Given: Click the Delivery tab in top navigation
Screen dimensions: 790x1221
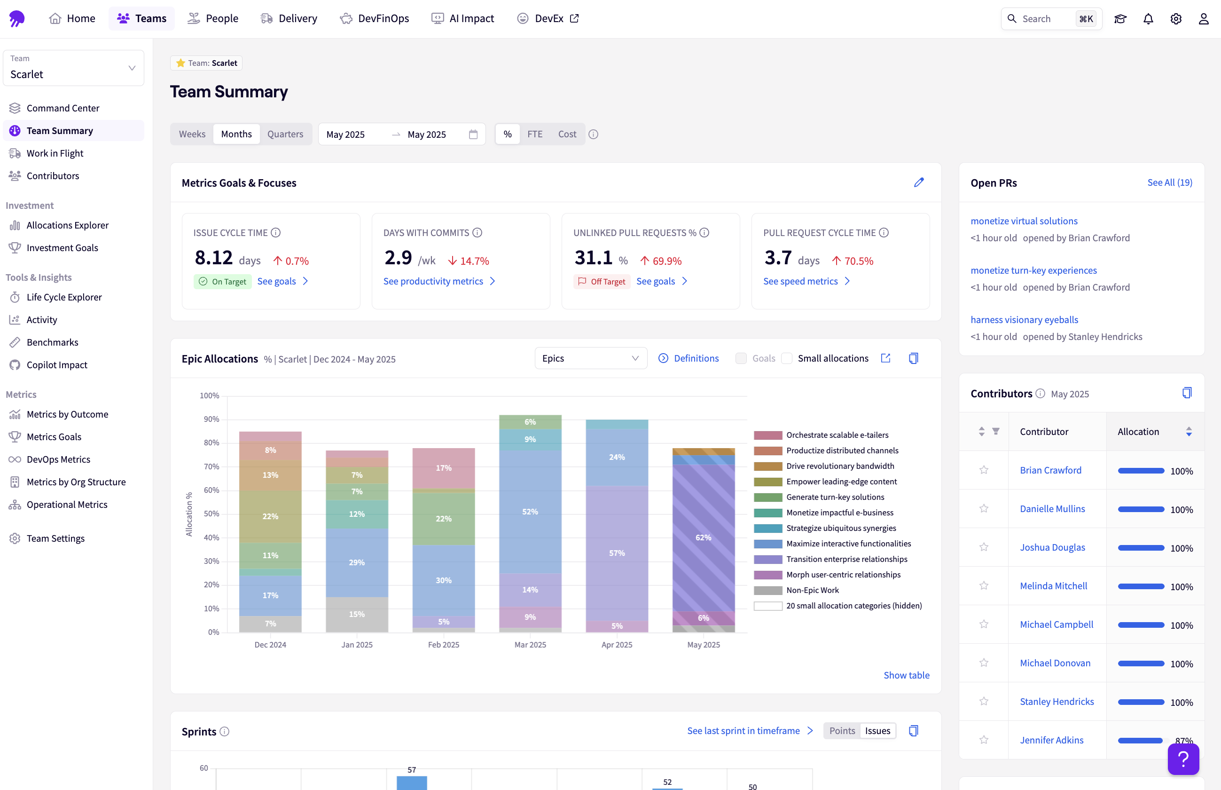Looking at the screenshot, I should pyautogui.click(x=289, y=18).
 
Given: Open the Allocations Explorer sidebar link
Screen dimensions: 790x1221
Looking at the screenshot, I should pyautogui.click(x=67, y=225).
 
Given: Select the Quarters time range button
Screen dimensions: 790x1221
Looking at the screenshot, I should pyautogui.click(x=285, y=134).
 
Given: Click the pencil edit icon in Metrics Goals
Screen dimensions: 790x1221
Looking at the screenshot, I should pyautogui.click(x=918, y=182).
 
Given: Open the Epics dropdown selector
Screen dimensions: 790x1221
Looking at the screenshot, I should pyautogui.click(x=590, y=358).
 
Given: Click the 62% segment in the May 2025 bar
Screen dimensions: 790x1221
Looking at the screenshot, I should pyautogui.click(x=703, y=537).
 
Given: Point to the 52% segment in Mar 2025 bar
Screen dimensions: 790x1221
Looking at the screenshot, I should pyautogui.click(x=530, y=512).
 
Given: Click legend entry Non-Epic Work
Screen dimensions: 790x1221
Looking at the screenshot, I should pyautogui.click(x=812, y=590).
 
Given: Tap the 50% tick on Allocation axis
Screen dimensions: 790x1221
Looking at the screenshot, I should pyautogui.click(x=211, y=513).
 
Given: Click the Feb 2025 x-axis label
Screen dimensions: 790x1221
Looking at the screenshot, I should pyautogui.click(x=443, y=644).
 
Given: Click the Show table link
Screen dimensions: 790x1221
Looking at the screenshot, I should pyautogui.click(x=906, y=675).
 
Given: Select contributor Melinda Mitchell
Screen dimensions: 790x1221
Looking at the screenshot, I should pyautogui.click(x=1053, y=586).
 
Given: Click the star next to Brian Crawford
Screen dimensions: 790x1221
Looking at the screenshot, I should pyautogui.click(x=983, y=470).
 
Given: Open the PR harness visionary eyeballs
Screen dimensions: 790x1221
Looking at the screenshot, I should pyautogui.click(x=1024, y=320).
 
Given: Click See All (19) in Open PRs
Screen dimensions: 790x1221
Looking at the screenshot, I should pyautogui.click(x=1169, y=182).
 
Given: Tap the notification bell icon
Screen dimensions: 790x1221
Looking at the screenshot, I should pyautogui.click(x=1148, y=19).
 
